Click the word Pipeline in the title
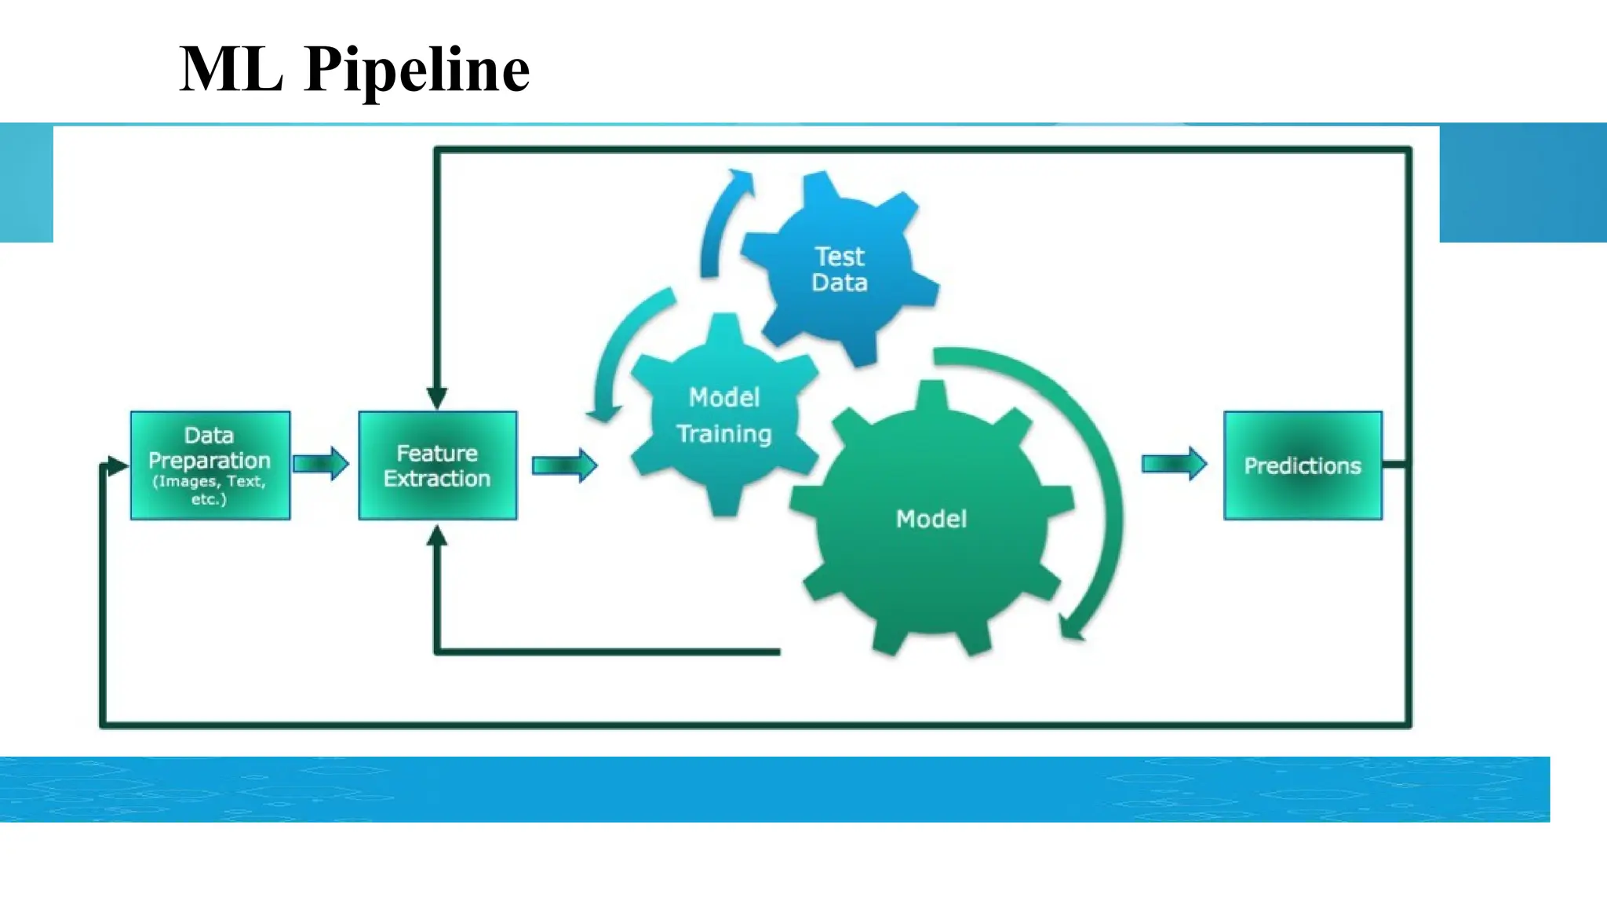pyautogui.click(x=417, y=70)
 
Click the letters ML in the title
pyautogui.click(x=231, y=70)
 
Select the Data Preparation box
pyautogui.click(x=210, y=465)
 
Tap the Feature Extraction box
pyautogui.click(x=437, y=465)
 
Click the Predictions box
pyautogui.click(x=1303, y=465)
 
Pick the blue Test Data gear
pyautogui.click(x=840, y=269)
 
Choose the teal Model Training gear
pyautogui.click(x=723, y=416)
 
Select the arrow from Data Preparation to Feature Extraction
pyautogui.click(x=320, y=464)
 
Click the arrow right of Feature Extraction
pyautogui.click(x=564, y=465)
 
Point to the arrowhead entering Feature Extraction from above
pyautogui.click(x=437, y=398)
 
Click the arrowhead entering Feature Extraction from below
pyautogui.click(x=437, y=536)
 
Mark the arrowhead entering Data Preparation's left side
pyautogui.click(x=117, y=466)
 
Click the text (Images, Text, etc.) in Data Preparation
pyautogui.click(x=210, y=490)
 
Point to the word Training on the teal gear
pyautogui.click(x=723, y=434)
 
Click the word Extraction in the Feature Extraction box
pyautogui.click(x=437, y=479)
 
